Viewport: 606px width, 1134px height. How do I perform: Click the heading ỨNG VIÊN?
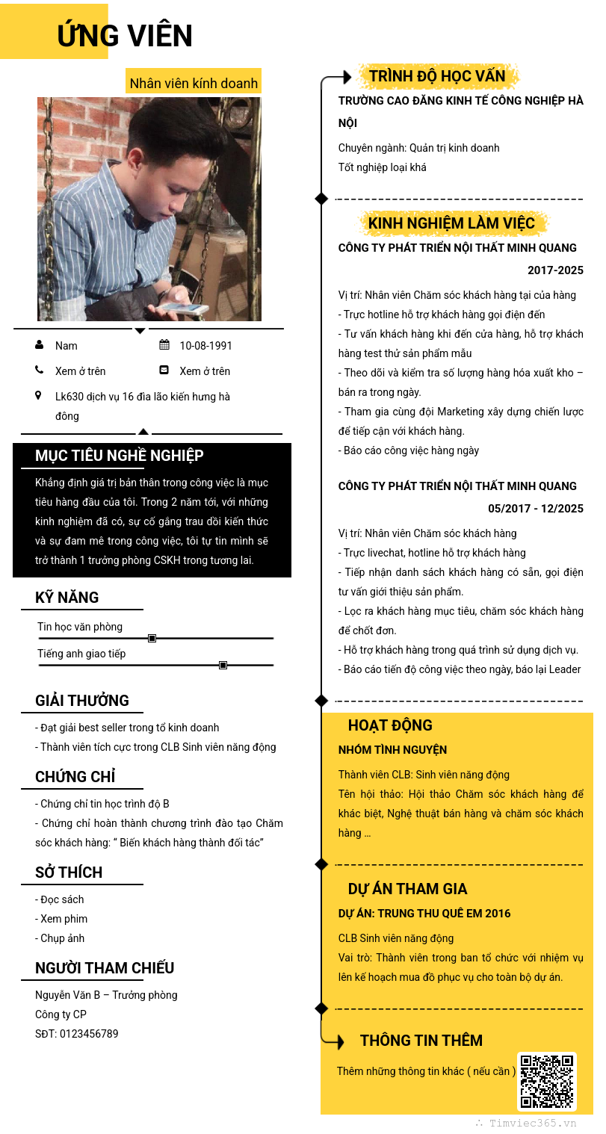(x=125, y=35)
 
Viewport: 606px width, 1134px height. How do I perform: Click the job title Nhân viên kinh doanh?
(x=194, y=83)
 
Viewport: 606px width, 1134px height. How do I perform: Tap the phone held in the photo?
(x=182, y=307)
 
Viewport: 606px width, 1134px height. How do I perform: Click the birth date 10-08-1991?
(x=205, y=346)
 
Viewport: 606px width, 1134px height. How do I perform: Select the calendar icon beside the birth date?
(x=164, y=345)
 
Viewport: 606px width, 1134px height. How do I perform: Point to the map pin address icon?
(x=38, y=396)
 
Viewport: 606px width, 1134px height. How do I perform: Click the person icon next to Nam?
(x=39, y=345)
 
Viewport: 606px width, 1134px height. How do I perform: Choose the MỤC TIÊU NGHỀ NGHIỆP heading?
(x=119, y=456)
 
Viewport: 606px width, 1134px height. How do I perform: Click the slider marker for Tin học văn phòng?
(x=152, y=638)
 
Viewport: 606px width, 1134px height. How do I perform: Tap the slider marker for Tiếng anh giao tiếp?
(x=223, y=665)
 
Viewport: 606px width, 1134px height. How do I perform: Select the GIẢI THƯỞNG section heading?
(x=82, y=701)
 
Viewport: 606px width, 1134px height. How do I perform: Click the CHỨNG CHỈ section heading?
(x=75, y=777)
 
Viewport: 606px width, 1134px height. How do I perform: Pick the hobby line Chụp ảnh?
(x=62, y=938)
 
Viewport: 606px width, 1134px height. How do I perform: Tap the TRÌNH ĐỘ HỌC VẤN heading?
(x=437, y=76)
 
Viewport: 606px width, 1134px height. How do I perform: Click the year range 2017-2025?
(x=555, y=270)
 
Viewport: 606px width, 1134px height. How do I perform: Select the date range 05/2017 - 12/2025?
(x=535, y=509)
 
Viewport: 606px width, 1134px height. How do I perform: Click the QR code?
(x=547, y=1081)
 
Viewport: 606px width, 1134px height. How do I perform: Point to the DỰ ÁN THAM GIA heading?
(x=407, y=889)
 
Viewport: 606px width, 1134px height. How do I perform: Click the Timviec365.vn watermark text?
(x=533, y=1123)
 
